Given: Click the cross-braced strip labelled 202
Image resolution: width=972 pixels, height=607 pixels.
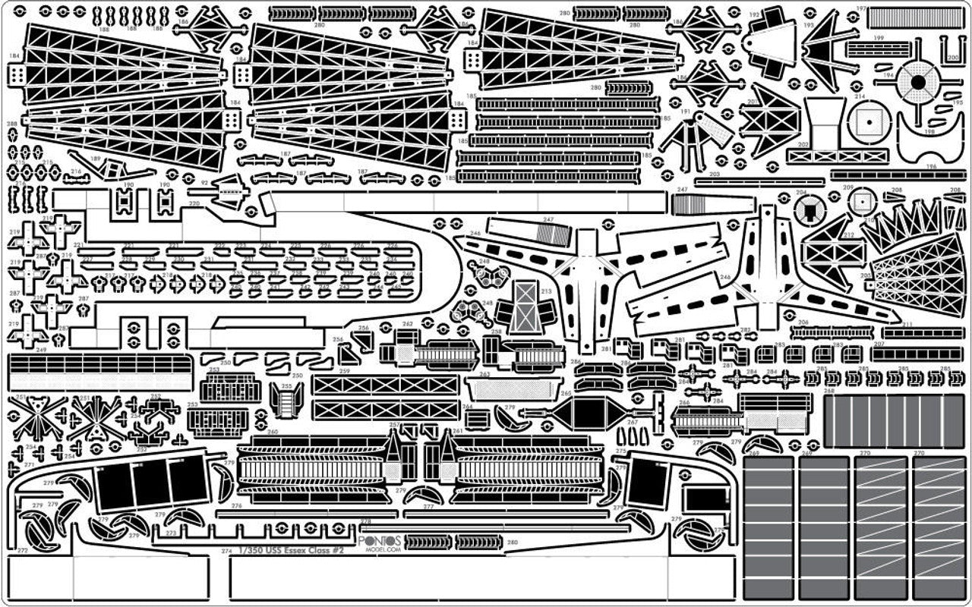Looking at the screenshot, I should [826, 156].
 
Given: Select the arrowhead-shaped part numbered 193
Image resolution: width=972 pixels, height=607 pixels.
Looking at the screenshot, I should [829, 42].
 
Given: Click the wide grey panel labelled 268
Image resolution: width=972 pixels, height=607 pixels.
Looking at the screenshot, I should [893, 421].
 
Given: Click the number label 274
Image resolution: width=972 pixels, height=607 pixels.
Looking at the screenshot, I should [226, 551].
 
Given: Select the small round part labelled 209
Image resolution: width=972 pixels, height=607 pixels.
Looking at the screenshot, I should [861, 201].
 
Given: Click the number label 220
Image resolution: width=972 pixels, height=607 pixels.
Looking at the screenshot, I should [194, 203].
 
